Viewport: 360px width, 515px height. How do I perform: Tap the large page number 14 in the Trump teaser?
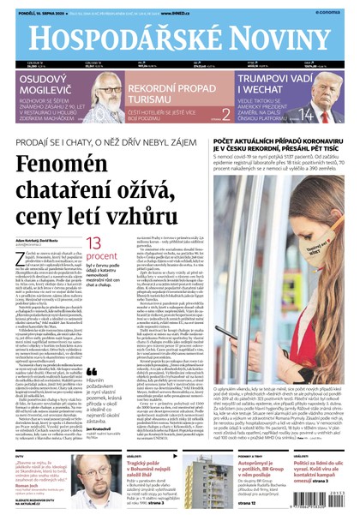(x=303, y=114)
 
